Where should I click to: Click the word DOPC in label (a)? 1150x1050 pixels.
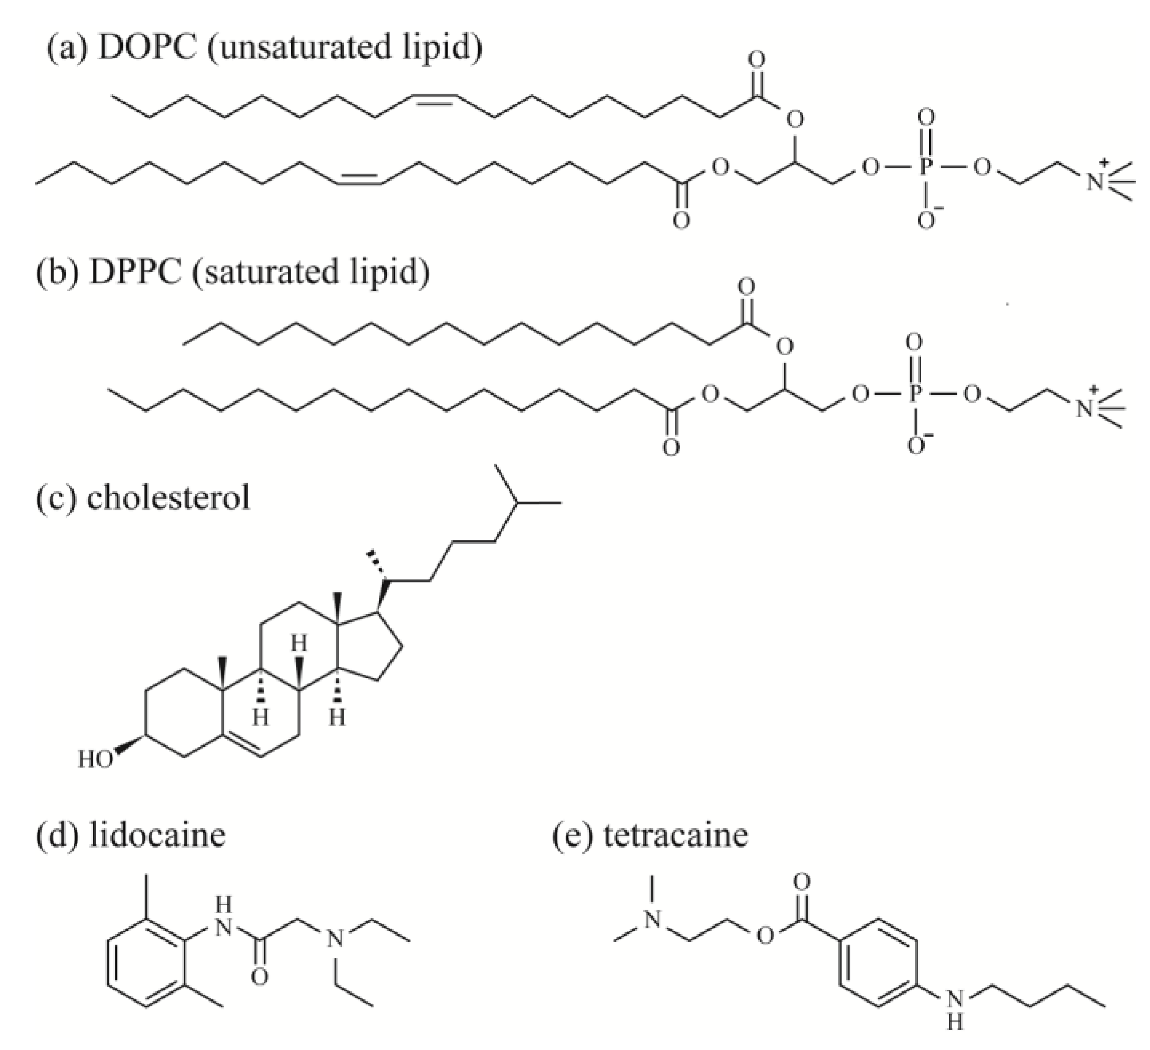point(146,47)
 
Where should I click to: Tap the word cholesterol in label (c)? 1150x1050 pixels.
point(168,497)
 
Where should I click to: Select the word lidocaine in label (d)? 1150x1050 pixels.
point(158,835)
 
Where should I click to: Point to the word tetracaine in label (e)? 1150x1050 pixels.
point(675,835)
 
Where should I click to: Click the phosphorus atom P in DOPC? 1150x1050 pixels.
point(926,168)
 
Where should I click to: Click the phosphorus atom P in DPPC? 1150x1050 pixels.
point(915,393)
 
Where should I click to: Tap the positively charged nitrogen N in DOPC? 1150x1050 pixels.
point(1094,182)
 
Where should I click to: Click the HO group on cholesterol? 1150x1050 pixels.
point(95,759)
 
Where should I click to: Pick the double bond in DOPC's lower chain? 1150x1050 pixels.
point(360,179)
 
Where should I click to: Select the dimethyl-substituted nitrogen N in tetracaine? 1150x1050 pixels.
point(652,920)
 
